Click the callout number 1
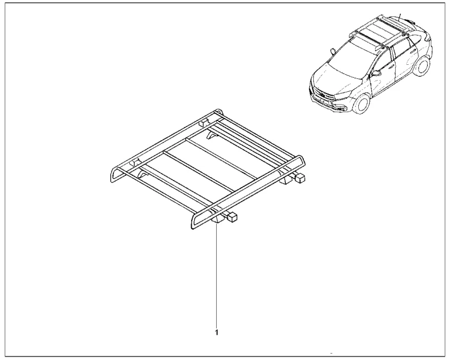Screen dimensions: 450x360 click(x=217, y=333)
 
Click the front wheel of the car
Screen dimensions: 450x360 click(x=362, y=104)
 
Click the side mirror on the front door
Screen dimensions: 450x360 click(x=376, y=73)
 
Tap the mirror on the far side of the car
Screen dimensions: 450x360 click(x=333, y=51)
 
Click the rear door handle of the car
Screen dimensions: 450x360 click(x=413, y=52)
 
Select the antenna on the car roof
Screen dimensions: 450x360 click(x=399, y=16)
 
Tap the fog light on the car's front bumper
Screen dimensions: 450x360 click(x=342, y=110)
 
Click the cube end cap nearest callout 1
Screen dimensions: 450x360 click(x=233, y=217)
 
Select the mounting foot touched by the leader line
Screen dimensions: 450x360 click(x=217, y=219)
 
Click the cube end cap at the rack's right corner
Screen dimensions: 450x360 click(x=300, y=178)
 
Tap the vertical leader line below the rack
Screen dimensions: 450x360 click(x=217, y=275)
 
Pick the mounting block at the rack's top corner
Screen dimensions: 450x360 click(x=203, y=123)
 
